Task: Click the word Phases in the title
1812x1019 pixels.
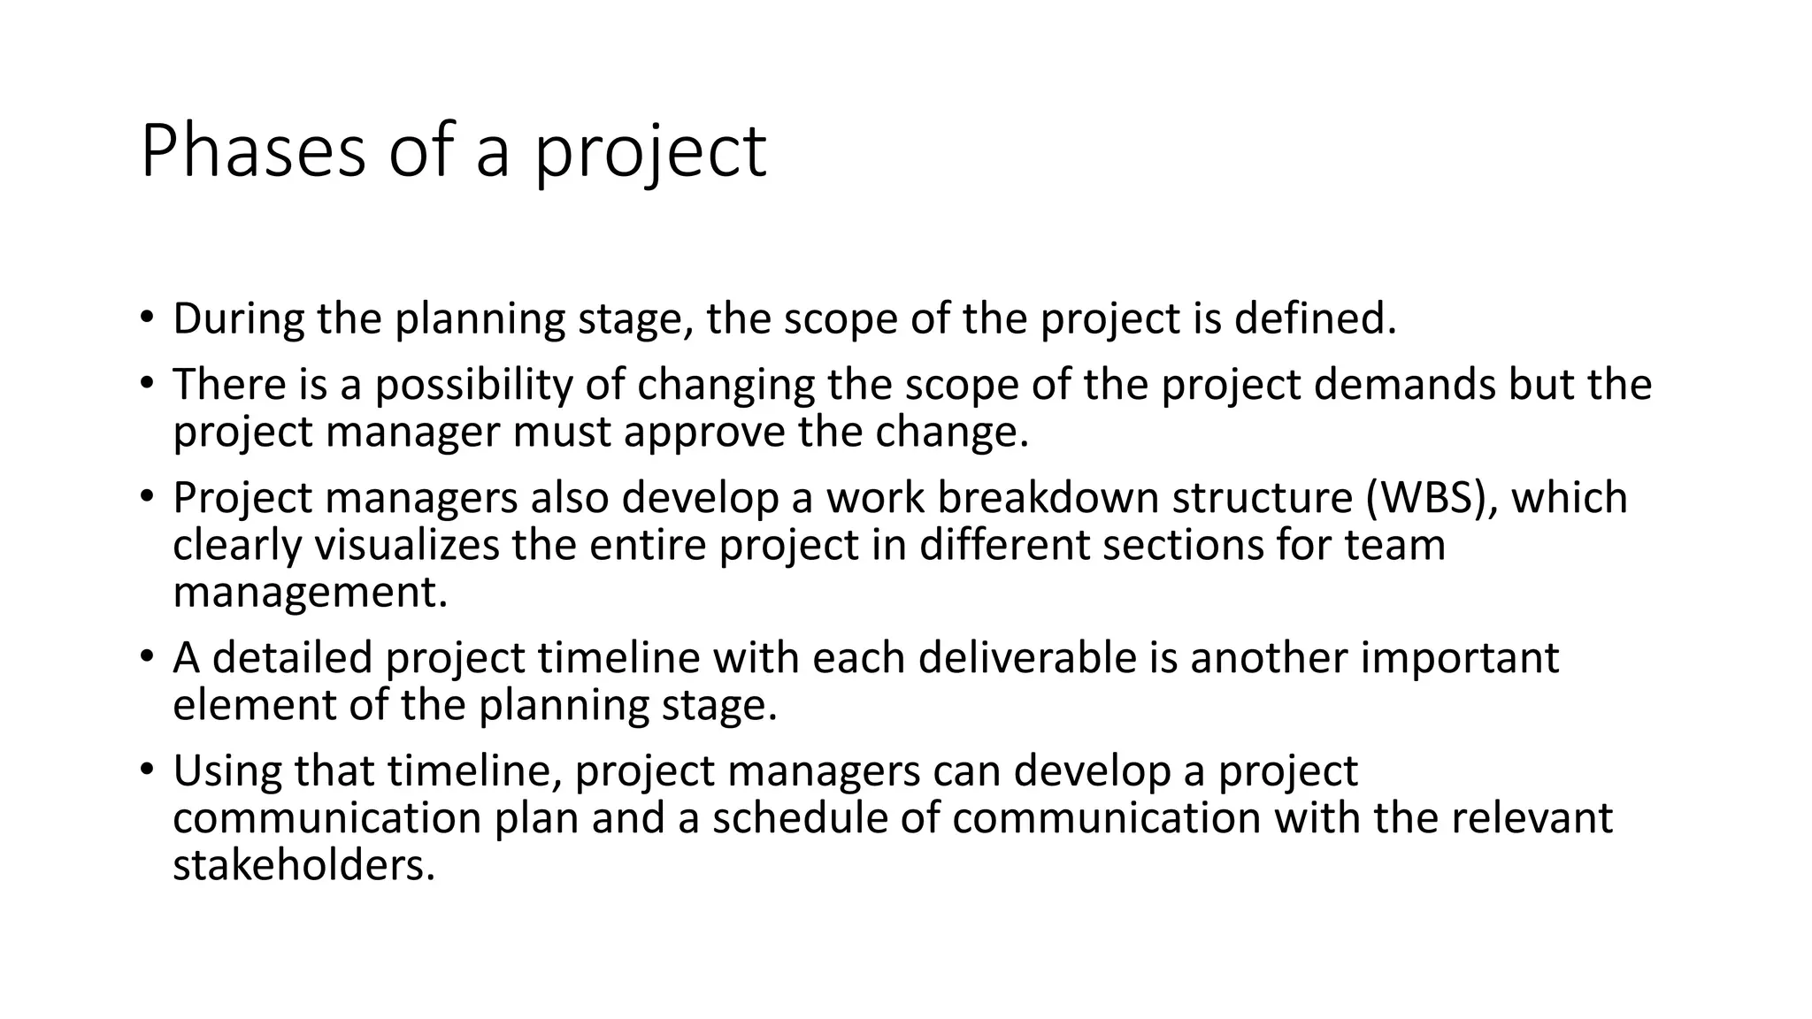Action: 252,152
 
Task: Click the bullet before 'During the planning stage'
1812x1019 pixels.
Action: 146,317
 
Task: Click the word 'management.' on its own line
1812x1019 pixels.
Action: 311,592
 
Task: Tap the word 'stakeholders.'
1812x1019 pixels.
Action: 304,864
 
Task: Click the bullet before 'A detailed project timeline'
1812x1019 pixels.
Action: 146,657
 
